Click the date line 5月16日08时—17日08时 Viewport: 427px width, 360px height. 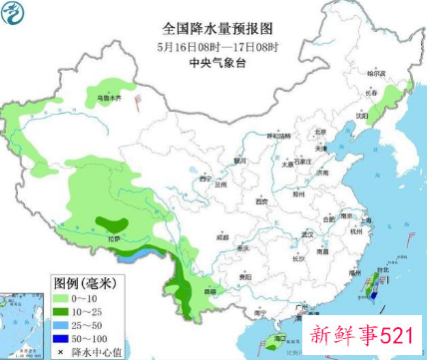point(210,46)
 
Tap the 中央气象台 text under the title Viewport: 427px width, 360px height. point(210,62)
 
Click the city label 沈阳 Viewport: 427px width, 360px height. point(377,116)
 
